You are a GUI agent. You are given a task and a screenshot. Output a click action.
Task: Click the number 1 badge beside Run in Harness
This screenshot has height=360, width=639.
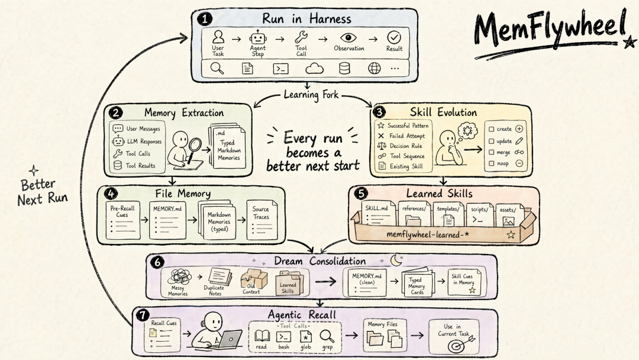coord(204,19)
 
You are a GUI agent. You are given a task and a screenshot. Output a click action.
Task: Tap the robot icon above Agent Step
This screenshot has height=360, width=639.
coord(258,38)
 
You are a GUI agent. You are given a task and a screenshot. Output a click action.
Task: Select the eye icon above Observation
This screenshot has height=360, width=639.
coord(348,37)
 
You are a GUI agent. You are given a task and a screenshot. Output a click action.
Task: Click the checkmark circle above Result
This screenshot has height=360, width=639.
coord(393,37)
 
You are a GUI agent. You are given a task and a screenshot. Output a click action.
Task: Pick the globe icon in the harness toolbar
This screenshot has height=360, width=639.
coord(374,69)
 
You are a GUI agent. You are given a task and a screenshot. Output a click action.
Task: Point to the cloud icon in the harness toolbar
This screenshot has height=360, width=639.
coord(314,69)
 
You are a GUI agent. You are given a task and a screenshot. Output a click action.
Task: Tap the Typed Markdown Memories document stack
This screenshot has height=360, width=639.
coord(227,146)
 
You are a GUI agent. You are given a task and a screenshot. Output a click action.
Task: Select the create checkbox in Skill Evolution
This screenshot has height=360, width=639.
coord(491,129)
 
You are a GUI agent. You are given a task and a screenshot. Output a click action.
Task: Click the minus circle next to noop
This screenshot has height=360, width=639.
coord(519,163)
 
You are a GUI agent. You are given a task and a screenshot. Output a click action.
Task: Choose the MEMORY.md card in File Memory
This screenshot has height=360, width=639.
coord(167,220)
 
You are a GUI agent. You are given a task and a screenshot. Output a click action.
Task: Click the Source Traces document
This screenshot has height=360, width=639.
coord(262,220)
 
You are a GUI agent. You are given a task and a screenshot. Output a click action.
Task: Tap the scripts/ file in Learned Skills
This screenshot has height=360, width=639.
coord(480,215)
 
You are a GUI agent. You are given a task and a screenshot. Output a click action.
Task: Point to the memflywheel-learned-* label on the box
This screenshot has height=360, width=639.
coord(428,234)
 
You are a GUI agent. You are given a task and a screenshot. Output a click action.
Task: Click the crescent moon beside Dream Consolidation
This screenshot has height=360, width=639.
coord(396,260)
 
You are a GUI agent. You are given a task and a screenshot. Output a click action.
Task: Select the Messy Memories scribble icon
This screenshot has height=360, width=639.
coord(179,277)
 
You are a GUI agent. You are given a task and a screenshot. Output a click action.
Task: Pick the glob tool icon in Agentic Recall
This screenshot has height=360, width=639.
coord(306,336)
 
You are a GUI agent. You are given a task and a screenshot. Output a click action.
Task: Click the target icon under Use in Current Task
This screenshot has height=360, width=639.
coord(456,346)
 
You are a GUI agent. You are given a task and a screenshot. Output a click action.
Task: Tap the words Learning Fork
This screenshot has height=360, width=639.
coord(311,95)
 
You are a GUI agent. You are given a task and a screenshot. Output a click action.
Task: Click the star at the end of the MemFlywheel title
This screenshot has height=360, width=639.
coord(630,42)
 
